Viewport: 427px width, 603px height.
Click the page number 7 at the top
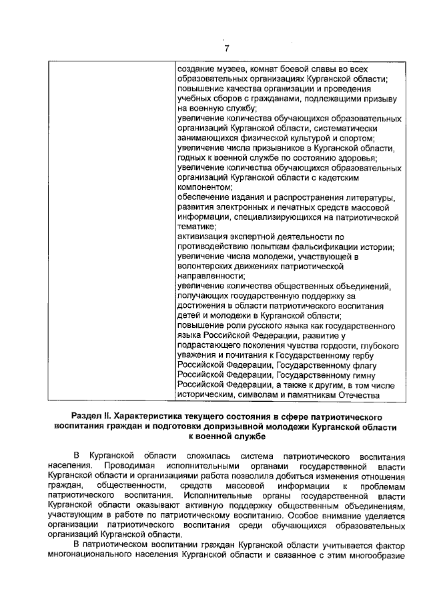pos(226,48)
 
